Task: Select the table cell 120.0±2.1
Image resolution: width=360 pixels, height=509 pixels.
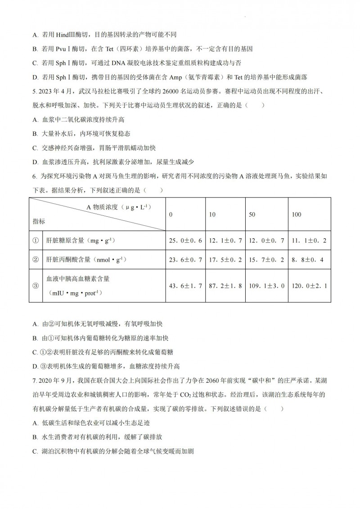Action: [308, 286]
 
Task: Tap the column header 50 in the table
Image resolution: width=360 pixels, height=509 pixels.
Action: [252, 214]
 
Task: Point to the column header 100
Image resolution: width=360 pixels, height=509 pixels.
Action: [297, 214]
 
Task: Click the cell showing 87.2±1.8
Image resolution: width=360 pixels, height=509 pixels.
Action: [225, 286]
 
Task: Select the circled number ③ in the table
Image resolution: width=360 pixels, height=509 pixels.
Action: [36, 286]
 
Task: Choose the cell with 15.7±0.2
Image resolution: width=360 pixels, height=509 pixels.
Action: [266, 259]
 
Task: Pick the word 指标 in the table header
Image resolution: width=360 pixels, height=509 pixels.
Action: [39, 222]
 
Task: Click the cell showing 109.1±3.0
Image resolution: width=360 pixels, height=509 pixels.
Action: [266, 286]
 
